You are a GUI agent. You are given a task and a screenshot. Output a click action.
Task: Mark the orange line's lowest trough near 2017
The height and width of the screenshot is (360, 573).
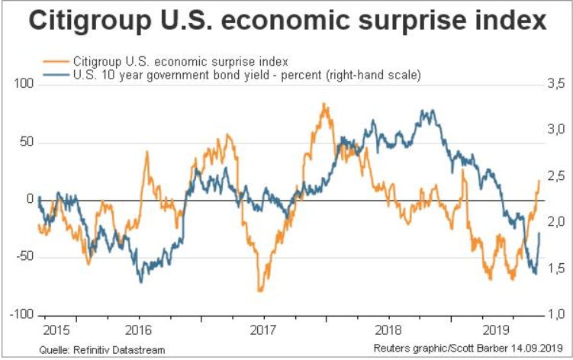coord(260,291)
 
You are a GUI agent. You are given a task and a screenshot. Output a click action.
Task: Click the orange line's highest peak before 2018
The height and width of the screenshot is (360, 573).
coord(324,104)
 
